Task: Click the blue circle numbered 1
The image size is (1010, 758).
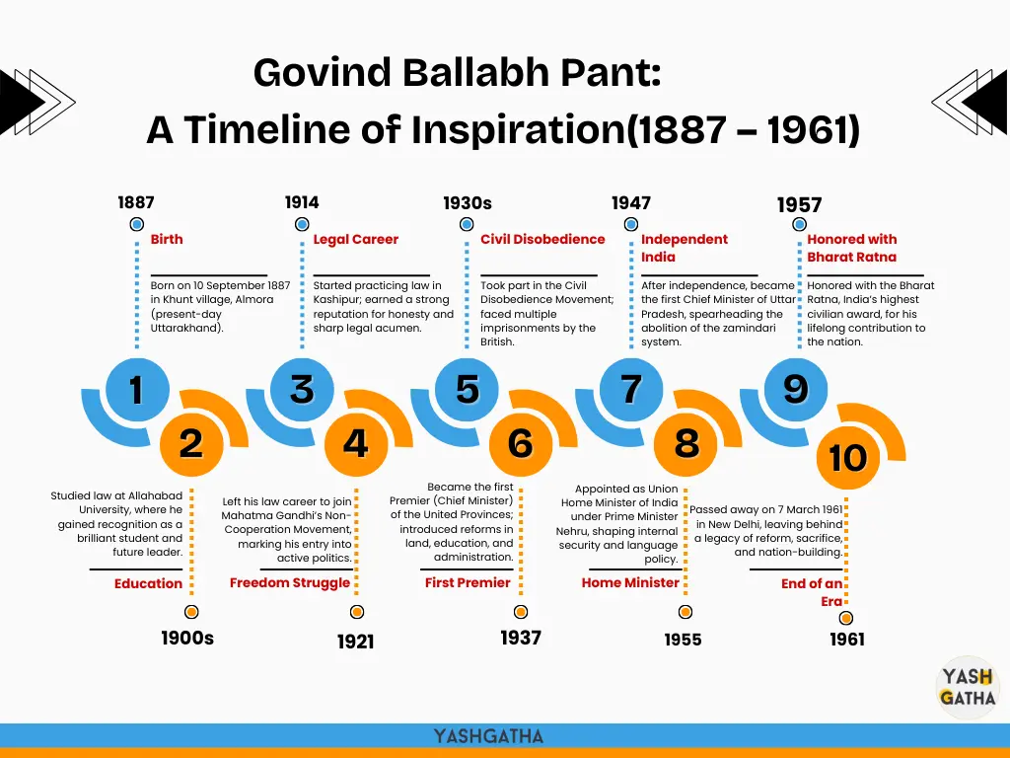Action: [137, 389]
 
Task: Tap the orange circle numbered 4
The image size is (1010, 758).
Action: [355, 444]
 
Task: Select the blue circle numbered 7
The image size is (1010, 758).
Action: [631, 389]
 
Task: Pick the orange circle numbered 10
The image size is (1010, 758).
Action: [847, 458]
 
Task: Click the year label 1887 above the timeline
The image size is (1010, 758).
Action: [136, 202]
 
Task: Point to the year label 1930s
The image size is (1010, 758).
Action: [467, 203]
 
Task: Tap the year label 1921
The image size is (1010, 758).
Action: [355, 642]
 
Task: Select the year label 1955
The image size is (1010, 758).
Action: [683, 640]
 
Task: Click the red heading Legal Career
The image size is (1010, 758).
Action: [355, 239]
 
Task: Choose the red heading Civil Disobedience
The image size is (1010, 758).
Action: [542, 239]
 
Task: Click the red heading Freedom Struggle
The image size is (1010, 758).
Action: [290, 582]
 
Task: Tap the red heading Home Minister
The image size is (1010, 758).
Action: [630, 582]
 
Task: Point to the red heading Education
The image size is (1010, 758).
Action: [148, 583]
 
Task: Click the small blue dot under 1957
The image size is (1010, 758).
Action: [799, 224]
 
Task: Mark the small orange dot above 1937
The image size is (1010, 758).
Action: [521, 612]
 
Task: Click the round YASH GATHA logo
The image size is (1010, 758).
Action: [967, 687]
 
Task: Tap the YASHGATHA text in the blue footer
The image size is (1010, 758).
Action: [488, 736]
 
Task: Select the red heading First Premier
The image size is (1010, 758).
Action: [467, 582]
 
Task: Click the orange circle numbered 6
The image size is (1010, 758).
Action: [521, 444]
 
